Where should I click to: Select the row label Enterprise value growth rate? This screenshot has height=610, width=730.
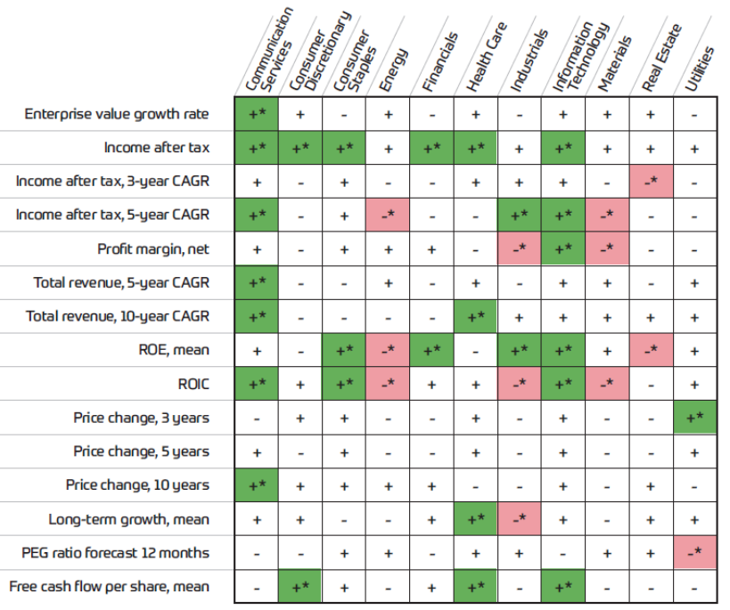tap(117, 114)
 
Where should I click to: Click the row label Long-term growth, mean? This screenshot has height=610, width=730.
tap(129, 518)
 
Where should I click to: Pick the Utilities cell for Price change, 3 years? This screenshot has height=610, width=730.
tap(694, 418)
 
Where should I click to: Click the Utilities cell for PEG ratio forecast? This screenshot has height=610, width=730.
tap(694, 552)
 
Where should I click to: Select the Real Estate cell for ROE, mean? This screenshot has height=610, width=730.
tap(651, 350)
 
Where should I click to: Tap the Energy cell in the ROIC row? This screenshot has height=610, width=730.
tap(388, 384)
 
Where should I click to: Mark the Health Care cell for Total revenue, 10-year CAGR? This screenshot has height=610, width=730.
tap(475, 316)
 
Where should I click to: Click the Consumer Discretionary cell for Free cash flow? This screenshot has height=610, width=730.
tap(300, 586)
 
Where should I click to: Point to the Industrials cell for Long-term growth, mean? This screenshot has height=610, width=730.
tap(519, 518)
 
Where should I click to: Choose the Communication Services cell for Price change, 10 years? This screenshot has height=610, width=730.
tap(257, 484)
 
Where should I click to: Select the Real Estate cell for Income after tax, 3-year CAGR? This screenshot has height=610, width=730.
tap(651, 182)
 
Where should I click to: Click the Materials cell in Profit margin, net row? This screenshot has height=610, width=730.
tap(607, 249)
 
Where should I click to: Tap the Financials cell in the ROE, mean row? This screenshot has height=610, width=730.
tap(431, 350)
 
